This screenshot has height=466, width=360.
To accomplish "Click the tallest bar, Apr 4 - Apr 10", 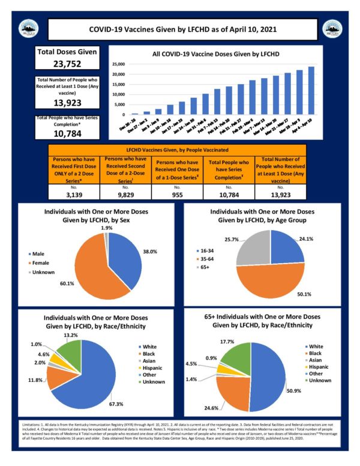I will (x=311, y=90).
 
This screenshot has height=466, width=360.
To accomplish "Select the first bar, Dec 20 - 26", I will (x=135, y=113).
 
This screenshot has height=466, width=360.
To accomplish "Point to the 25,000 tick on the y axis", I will (x=118, y=64).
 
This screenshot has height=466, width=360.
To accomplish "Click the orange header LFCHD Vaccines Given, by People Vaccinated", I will (x=179, y=147).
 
